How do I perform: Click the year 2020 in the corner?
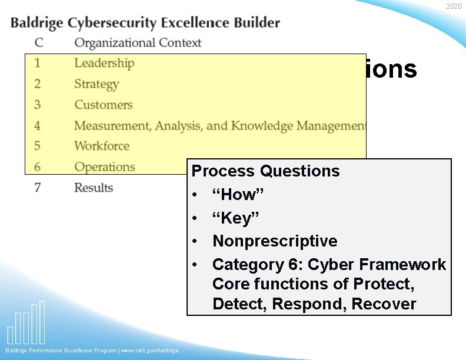coord(454,6)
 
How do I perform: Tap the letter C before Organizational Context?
coord(38,43)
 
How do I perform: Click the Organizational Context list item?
coord(138,43)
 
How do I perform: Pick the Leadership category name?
coord(104,63)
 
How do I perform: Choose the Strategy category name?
coord(96,84)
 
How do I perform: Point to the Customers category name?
coord(103,105)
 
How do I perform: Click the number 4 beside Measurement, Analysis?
coord(37,126)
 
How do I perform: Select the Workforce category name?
coord(102,146)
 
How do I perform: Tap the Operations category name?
coord(105,167)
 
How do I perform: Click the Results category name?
coord(94,188)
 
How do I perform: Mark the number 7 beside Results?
coord(38,188)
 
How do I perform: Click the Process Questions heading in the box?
coord(266,171)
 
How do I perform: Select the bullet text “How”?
coord(233,195)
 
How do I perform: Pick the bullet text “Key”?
coord(232,218)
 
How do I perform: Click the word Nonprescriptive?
coord(275,241)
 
